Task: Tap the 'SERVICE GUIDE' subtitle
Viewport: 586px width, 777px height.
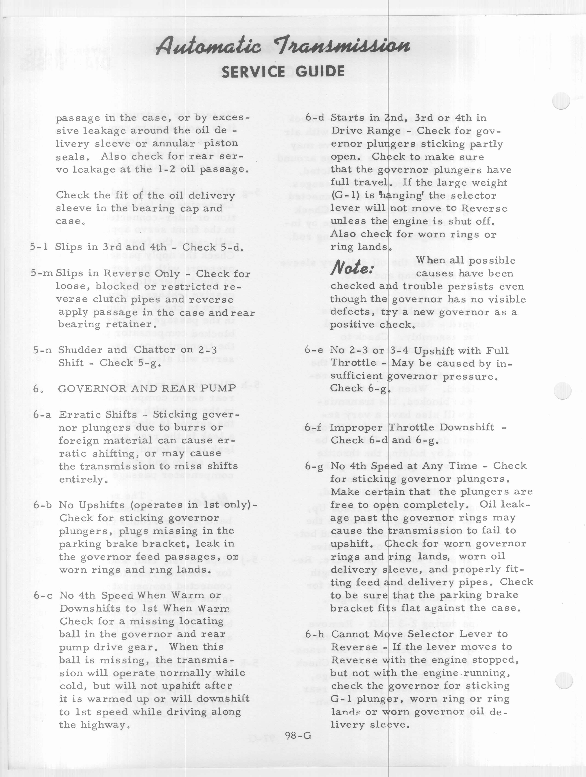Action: click(283, 72)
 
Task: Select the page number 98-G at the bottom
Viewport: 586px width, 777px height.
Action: click(298, 736)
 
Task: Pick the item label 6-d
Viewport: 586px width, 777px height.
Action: click(314, 118)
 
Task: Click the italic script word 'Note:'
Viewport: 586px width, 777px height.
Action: click(352, 268)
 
